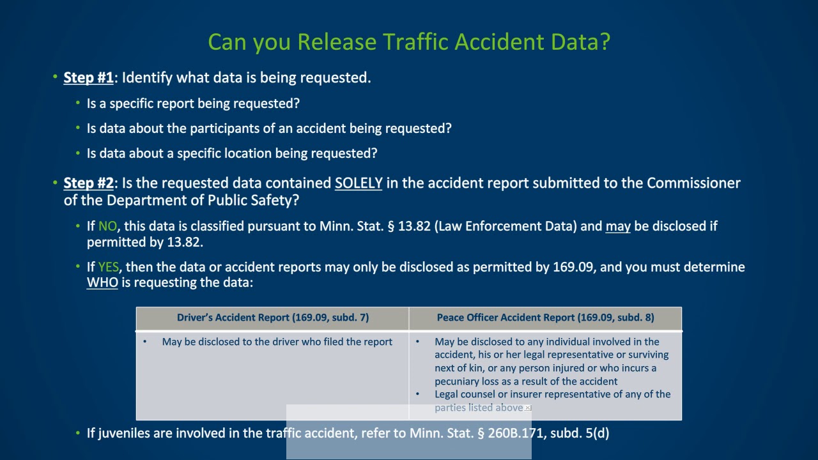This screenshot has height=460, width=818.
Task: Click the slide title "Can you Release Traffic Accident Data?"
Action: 409,42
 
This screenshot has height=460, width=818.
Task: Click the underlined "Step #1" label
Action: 88,78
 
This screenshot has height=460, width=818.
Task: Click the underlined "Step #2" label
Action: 88,183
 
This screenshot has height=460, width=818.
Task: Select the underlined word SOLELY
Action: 359,183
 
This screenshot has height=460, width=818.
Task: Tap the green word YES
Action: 108,267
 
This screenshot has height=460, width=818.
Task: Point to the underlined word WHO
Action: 102,282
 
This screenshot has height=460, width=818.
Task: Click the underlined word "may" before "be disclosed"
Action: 617,227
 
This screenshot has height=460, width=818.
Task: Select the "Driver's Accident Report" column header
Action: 272,318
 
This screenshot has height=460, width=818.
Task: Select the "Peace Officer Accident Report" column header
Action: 545,318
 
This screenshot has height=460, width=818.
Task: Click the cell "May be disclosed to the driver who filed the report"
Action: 277,342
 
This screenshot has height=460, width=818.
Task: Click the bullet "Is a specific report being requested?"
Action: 193,103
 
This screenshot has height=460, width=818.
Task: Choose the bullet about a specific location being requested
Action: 231,154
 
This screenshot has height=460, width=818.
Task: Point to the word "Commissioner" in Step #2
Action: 693,183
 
